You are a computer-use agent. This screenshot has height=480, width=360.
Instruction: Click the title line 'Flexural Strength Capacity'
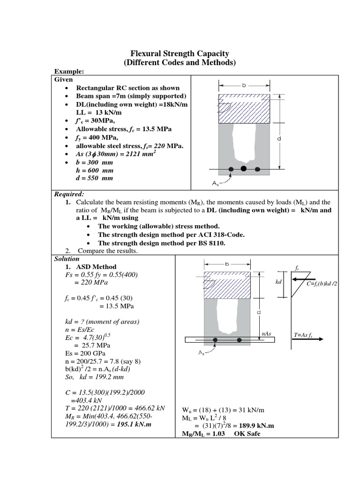[x=180, y=54]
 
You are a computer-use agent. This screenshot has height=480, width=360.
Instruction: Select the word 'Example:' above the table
[x=69, y=71]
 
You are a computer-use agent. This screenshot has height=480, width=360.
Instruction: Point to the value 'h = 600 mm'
[x=94, y=170]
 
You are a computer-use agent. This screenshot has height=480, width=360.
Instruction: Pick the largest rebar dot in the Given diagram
[x=243, y=168]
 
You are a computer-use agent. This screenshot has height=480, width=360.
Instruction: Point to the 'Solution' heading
[x=67, y=259]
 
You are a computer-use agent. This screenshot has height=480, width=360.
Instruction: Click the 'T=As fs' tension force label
[x=304, y=336]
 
